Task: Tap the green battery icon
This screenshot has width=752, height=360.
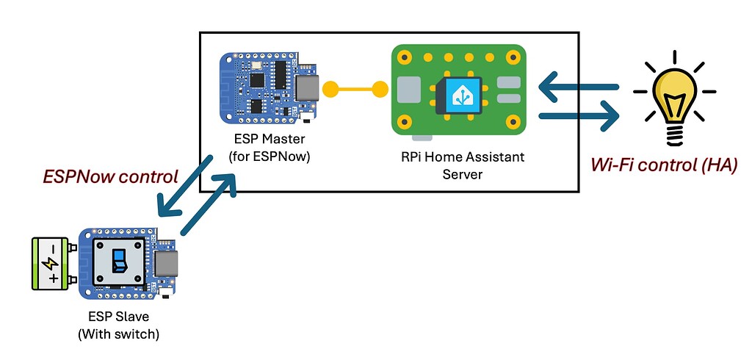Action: point(51,264)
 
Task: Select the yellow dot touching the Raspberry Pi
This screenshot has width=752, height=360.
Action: point(380,90)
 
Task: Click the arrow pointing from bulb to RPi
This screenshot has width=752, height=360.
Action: point(576,88)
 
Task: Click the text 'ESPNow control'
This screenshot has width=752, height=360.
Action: point(110,176)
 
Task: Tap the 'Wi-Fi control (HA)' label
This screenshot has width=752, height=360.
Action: point(664,165)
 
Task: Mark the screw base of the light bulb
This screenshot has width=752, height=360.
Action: point(673,135)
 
